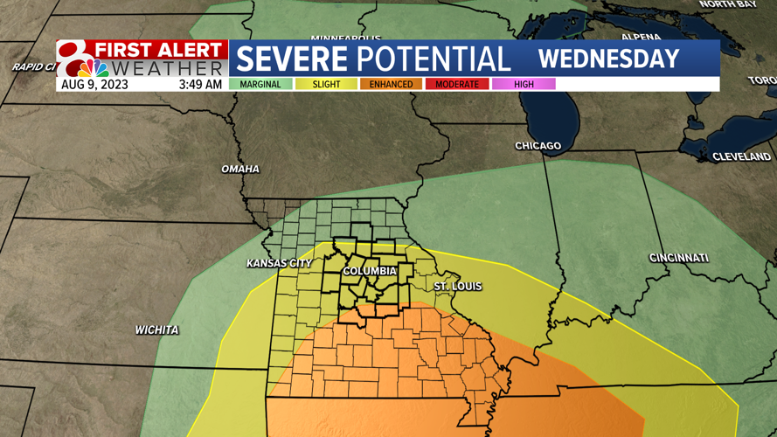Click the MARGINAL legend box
261,85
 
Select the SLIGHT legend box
326,85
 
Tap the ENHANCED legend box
391,85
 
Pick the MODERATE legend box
457,85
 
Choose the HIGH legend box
524,85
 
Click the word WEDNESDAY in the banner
608,59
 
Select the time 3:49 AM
200,85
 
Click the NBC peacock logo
93,67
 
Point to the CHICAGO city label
538,146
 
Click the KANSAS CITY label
279,263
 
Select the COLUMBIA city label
369,271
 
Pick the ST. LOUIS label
458,287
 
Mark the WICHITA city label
157,330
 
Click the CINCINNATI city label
678,258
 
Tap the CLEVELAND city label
741,156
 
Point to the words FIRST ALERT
160,49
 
